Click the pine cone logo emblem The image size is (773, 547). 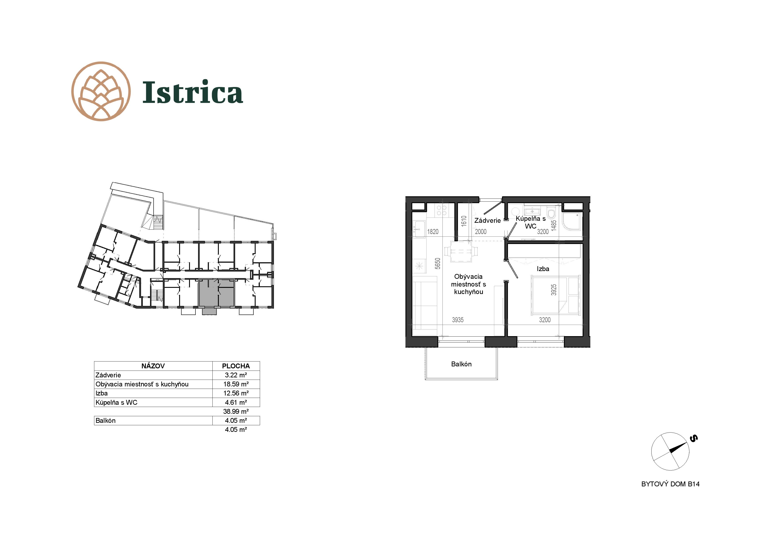pos(101,91)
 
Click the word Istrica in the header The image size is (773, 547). pos(193,92)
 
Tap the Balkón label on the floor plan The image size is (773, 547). pos(461,364)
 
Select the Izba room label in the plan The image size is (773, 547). pos(543,269)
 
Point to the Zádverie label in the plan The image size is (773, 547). pos(487,220)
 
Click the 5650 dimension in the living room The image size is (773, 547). pos(437,263)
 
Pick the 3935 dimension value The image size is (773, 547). pos(458,320)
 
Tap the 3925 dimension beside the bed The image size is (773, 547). pos(554,290)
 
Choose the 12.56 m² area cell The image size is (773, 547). pos(236,393)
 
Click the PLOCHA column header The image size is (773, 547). pos(236,366)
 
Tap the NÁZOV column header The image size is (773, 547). pos(153,366)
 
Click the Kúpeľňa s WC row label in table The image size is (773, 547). pos(117,402)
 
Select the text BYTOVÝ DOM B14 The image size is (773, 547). pos(670,484)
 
